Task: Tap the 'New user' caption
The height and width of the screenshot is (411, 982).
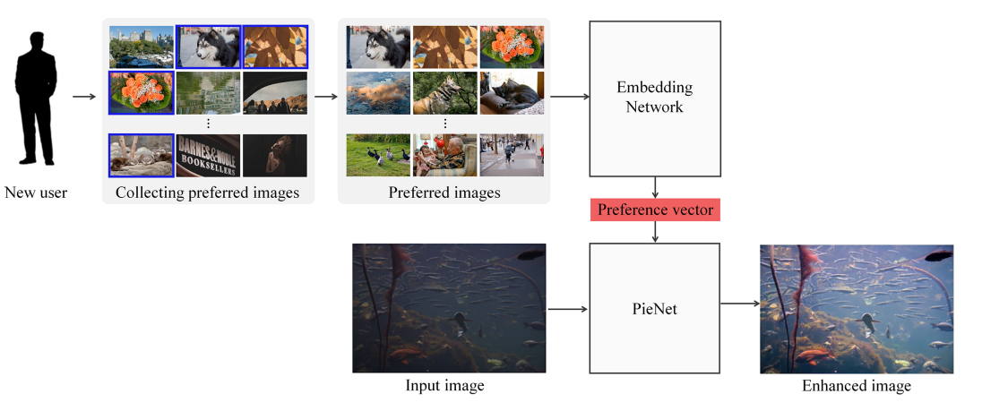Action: click(x=36, y=193)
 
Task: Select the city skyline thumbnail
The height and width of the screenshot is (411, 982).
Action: click(x=142, y=47)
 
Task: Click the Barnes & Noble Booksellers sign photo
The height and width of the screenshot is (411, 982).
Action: click(x=208, y=155)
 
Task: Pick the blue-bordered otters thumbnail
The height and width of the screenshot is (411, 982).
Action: click(x=142, y=155)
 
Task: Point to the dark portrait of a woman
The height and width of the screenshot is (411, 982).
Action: click(x=274, y=155)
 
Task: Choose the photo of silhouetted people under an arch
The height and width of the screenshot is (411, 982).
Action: click(x=274, y=93)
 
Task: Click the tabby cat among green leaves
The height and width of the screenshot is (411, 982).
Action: click(x=444, y=93)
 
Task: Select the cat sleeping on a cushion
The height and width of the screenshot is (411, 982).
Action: click(x=512, y=93)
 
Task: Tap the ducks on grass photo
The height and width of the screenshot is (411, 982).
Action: click(x=378, y=155)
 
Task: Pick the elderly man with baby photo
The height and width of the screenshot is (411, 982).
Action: click(x=444, y=155)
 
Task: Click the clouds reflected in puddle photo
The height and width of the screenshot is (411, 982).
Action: click(x=378, y=93)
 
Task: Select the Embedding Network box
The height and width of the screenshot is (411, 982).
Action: click(x=655, y=98)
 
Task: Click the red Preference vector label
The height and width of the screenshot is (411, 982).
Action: click(x=655, y=210)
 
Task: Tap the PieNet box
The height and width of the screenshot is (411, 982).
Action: click(x=655, y=308)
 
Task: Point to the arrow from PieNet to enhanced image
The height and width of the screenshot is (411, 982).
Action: click(x=739, y=304)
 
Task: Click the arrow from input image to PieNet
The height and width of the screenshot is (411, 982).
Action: click(x=567, y=309)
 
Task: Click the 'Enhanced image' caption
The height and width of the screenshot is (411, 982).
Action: click(x=857, y=386)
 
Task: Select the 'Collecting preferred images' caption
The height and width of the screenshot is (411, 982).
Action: click(x=207, y=193)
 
